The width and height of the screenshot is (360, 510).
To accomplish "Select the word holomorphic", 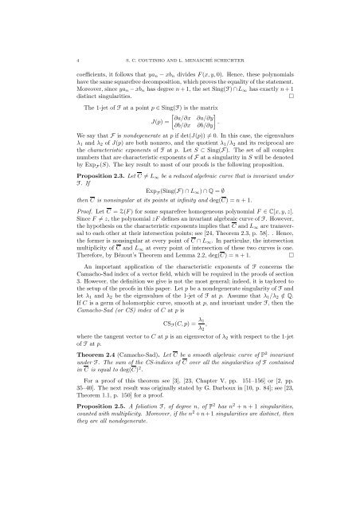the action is coord(113,344).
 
